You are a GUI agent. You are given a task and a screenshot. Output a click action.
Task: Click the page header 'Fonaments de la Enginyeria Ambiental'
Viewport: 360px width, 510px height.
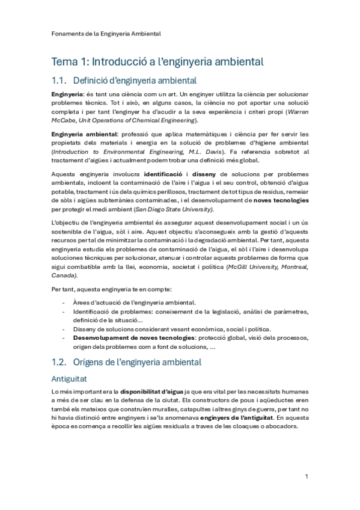coord(105,34)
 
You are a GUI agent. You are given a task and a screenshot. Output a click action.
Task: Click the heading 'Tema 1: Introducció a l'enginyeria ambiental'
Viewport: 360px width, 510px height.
coord(157,61)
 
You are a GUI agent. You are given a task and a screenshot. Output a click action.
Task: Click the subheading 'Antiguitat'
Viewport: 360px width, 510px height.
coord(71,379)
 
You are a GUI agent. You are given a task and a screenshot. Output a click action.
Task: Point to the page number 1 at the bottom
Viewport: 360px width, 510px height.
coord(307,476)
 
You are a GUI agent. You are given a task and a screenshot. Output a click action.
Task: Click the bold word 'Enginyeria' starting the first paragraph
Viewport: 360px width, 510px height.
coord(67,95)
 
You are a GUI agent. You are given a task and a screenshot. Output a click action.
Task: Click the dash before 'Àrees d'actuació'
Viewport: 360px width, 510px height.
coord(64,303)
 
